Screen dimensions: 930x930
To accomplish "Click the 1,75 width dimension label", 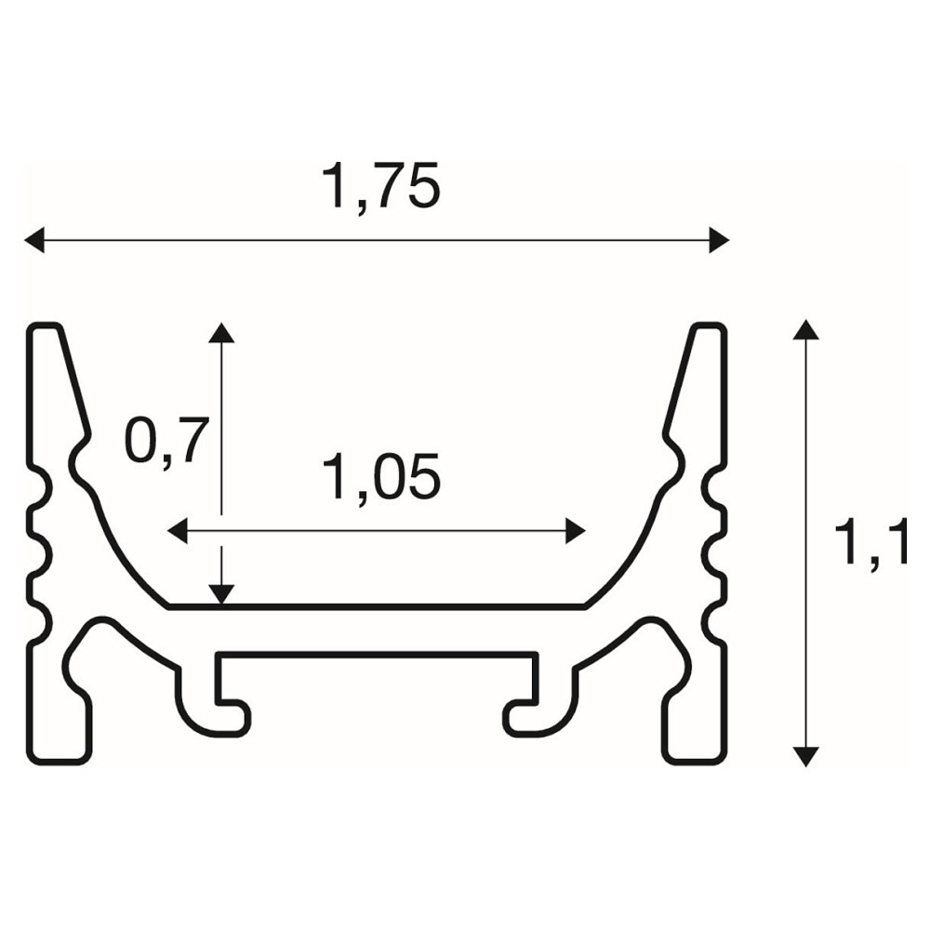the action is coord(380,185).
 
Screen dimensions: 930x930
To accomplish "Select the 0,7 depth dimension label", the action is coord(167,441).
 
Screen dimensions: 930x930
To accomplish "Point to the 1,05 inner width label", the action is coord(380,476).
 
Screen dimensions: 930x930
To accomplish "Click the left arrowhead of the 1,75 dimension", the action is coord(33,240).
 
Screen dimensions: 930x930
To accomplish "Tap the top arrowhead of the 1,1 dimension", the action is coord(805,330).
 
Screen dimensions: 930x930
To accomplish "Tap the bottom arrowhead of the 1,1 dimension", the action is coord(805,757).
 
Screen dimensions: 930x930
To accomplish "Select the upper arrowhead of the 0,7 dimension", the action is coord(221,333).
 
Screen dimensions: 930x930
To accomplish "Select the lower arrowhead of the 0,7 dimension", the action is coord(221,595).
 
